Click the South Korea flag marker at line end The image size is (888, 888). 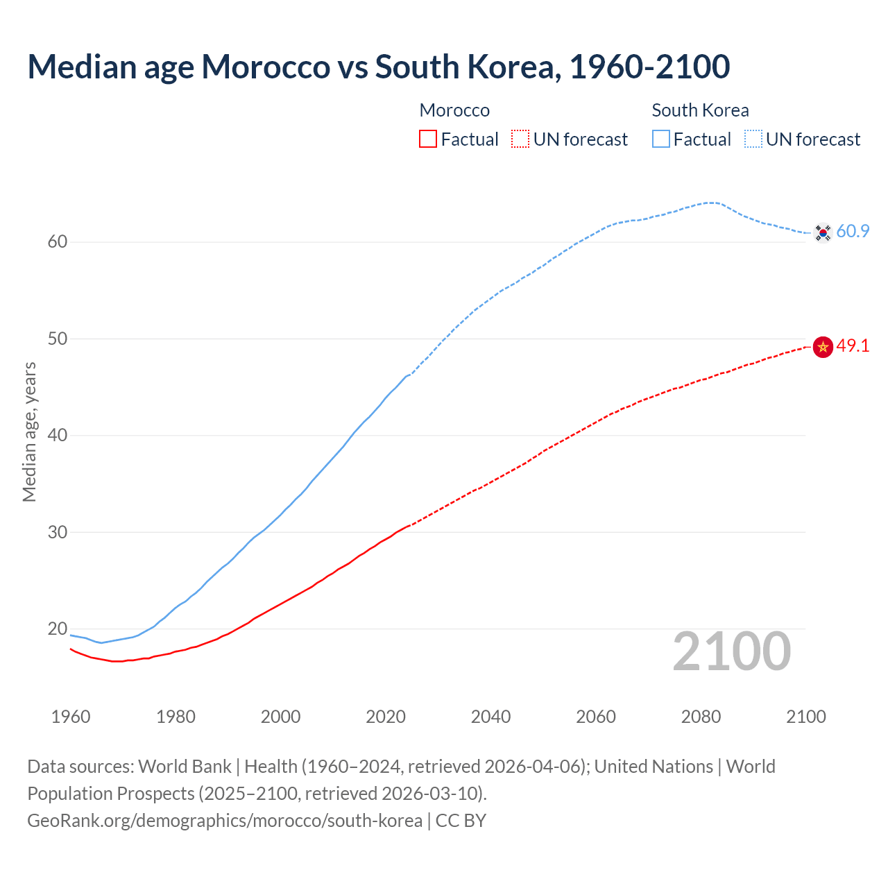tap(823, 232)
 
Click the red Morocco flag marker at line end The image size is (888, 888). tap(823, 346)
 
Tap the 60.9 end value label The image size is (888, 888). tap(853, 232)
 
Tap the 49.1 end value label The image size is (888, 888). tap(853, 345)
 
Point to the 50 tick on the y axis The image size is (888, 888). tap(57, 339)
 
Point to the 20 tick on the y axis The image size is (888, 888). tap(57, 629)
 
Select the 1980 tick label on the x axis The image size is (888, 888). tap(176, 717)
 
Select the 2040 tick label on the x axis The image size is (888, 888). tap(490, 717)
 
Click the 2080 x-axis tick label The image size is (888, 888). tap(701, 717)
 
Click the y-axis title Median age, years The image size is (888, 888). tap(29, 432)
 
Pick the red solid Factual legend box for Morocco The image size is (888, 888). tap(428, 139)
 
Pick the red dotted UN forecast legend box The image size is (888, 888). tap(520, 139)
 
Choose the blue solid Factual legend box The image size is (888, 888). tap(661, 139)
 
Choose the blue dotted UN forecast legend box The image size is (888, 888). tap(753, 139)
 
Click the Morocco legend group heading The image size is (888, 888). tap(454, 110)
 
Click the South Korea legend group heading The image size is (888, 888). tap(700, 110)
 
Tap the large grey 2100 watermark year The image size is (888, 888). tap(731, 651)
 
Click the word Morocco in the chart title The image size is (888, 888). tap(266, 67)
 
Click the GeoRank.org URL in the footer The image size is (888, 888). tap(225, 821)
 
